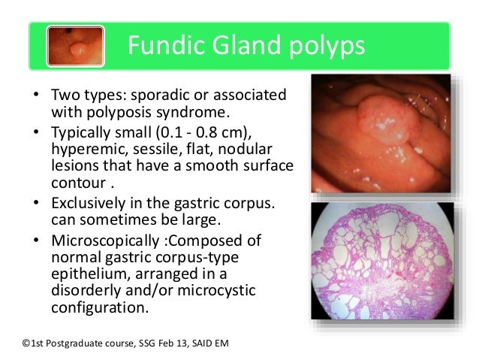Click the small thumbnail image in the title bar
[75, 47]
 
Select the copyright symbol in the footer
[29, 342]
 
